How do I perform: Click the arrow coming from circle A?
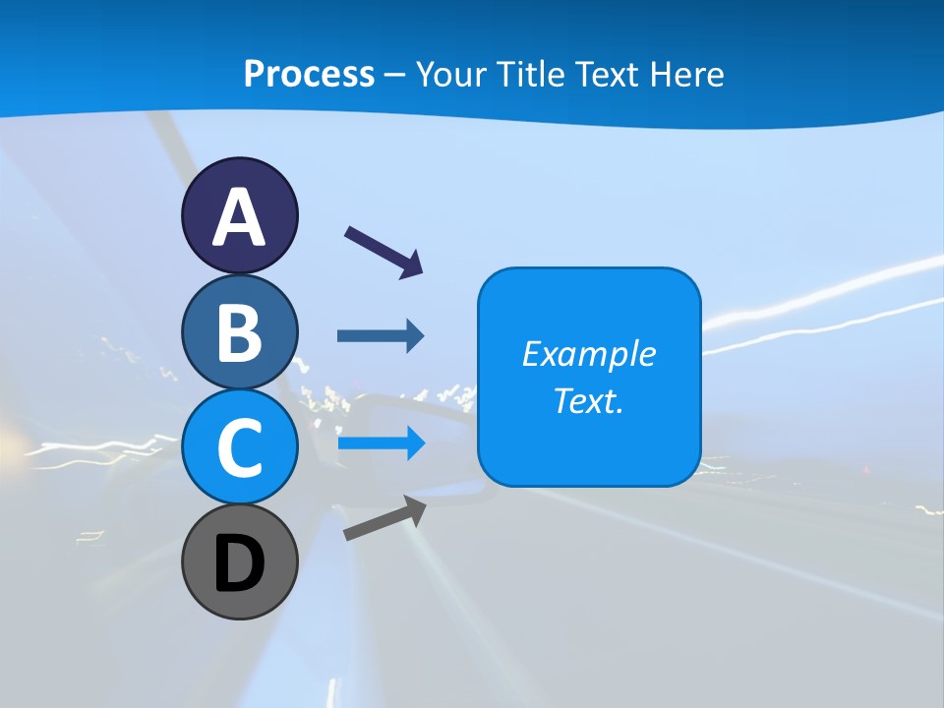(x=383, y=251)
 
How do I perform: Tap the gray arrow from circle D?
(x=384, y=518)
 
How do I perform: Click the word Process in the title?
(x=309, y=74)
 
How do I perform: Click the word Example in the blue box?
(x=588, y=353)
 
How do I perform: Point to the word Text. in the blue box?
(x=588, y=400)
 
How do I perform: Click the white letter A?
(x=239, y=217)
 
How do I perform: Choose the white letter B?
(x=239, y=332)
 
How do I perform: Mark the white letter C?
(x=239, y=447)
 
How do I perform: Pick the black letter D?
(x=239, y=563)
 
